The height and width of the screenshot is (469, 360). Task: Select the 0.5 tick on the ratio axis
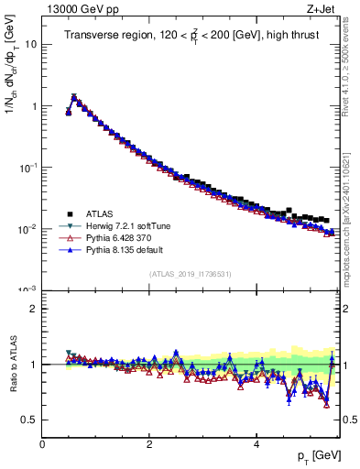(29, 420)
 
